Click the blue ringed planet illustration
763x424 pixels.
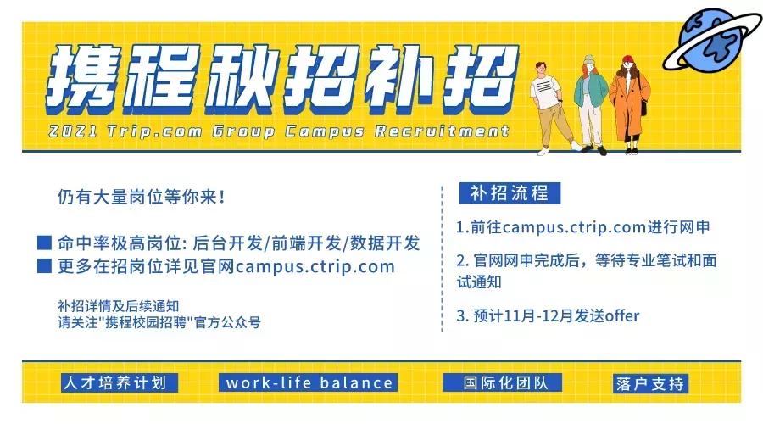click(711, 40)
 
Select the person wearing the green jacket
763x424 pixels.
click(590, 103)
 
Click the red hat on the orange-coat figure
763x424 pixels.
click(628, 60)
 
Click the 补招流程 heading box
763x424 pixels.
click(510, 193)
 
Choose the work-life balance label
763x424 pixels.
click(309, 382)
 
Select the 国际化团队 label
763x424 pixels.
click(502, 382)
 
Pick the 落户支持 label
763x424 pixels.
click(649, 383)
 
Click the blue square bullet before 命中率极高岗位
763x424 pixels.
click(45, 243)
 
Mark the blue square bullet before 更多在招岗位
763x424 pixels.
click(45, 265)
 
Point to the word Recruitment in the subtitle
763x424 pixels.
click(442, 131)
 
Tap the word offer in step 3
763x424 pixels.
click(622, 315)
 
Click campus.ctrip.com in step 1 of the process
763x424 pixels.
click(574, 227)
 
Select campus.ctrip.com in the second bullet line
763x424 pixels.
click(315, 267)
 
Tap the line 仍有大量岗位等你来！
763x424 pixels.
click(141, 197)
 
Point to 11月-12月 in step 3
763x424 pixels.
click(538, 315)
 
